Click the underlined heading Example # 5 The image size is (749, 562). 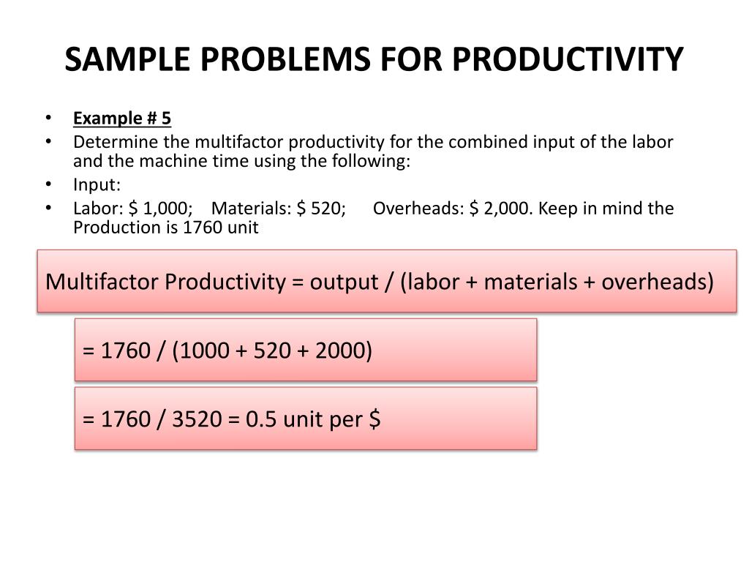[122, 119]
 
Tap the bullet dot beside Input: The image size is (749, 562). [48, 184]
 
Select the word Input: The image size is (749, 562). [97, 184]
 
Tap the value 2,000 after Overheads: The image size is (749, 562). [506, 209]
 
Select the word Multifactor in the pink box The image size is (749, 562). [103, 282]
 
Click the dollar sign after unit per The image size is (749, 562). [374, 420]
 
